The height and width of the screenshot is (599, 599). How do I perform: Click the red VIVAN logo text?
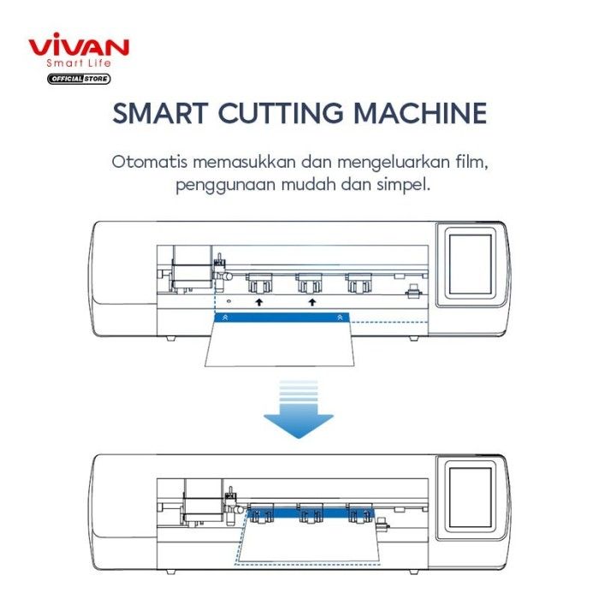point(79,44)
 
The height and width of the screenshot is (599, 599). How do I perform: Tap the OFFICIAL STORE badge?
point(79,79)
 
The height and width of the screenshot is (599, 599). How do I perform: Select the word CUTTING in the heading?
point(281,113)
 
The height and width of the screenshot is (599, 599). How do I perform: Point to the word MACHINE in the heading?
point(420,113)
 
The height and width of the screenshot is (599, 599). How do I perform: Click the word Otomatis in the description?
point(150,162)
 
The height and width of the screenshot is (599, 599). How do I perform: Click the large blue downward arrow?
point(299,409)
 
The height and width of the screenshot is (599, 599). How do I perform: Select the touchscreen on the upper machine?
point(471,264)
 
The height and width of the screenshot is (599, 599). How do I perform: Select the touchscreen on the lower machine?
point(471,497)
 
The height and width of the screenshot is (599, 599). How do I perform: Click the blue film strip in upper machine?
point(282,317)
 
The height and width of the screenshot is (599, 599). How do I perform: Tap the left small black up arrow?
point(259,302)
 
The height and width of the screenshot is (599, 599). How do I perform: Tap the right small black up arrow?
point(312,302)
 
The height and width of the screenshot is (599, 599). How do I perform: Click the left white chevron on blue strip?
point(225,317)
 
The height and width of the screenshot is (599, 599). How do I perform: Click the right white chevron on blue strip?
point(340,317)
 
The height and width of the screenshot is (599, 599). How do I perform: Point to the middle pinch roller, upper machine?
point(310,283)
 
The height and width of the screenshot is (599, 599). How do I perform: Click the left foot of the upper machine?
point(171,339)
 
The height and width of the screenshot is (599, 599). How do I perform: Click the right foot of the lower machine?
point(413,572)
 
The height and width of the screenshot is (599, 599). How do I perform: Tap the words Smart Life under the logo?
point(79,63)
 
